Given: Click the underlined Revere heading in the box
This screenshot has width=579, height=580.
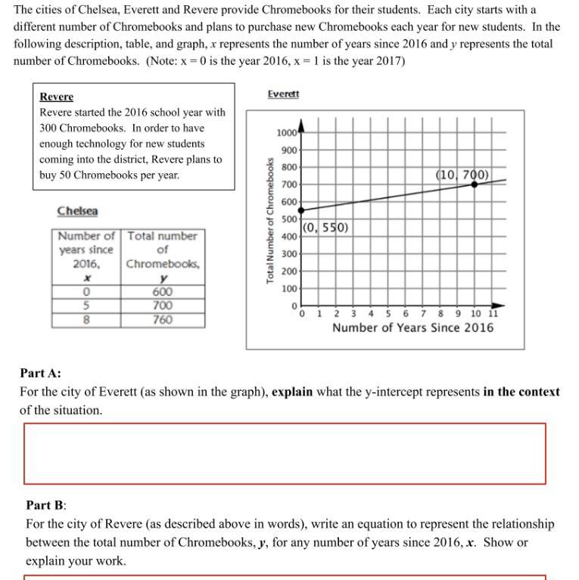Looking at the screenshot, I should [57, 97].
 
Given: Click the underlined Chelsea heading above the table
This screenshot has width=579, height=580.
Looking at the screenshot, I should [77, 211].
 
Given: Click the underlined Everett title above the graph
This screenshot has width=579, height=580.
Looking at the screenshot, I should [283, 94].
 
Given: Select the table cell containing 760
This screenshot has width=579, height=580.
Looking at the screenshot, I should [162, 320].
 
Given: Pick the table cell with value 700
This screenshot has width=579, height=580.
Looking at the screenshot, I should [162, 306].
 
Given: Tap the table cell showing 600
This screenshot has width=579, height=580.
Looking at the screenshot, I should [162, 292].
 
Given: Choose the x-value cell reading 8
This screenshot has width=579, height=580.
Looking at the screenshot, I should [86, 320].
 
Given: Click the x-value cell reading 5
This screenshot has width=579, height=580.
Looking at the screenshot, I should [86, 306].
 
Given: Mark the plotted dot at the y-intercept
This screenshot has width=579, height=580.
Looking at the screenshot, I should [302, 209].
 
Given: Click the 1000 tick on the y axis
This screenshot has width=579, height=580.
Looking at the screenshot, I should [286, 133].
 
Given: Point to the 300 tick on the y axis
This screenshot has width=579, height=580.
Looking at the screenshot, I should [288, 254].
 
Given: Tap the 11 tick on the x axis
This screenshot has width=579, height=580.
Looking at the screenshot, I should [493, 314].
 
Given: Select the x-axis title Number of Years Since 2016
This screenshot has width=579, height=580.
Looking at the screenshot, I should [412, 327].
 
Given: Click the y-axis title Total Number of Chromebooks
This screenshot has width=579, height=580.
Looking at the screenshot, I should [269, 221].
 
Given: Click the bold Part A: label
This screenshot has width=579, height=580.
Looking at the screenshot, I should [40, 373].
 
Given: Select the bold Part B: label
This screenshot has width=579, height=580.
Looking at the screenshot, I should [46, 504].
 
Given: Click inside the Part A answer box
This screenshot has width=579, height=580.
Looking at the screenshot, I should [285, 454].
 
